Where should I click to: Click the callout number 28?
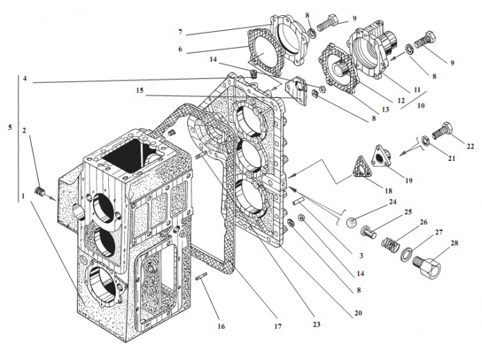(454, 243)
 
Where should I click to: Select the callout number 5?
(10, 128)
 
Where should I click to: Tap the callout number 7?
(180, 32)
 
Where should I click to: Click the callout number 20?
(358, 313)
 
